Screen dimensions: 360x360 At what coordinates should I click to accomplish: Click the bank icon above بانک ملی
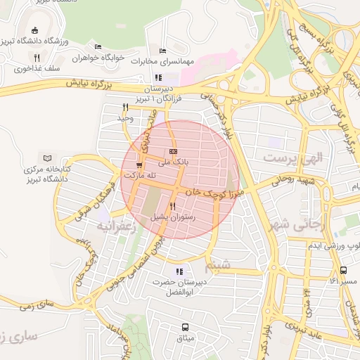[174, 151]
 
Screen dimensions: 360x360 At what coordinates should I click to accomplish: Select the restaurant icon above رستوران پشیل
[172, 207]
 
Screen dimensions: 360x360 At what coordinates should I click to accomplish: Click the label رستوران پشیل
[173, 218]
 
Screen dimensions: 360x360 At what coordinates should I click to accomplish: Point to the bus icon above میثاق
[185, 327]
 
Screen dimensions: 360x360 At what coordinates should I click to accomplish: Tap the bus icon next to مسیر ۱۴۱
[343, 271]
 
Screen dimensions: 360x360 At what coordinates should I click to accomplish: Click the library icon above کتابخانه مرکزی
[48, 157]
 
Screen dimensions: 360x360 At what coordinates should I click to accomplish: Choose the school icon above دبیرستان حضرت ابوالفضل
[179, 271]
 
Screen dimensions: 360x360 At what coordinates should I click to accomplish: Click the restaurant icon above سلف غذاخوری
[36, 57]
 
